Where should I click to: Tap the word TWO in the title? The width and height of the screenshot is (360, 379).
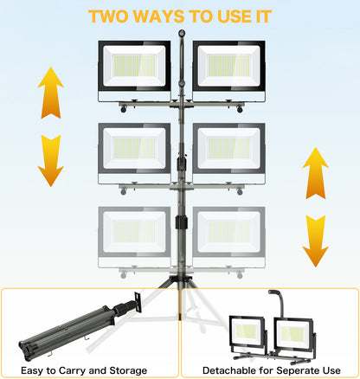108,16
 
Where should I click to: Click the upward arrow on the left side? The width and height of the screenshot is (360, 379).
50,93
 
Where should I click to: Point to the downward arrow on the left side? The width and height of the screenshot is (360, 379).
50,161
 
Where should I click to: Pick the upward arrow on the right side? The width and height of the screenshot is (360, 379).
316,173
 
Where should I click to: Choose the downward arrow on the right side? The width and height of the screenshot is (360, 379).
316,241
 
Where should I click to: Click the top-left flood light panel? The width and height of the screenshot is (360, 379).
134,71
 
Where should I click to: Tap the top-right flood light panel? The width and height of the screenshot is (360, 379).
229,71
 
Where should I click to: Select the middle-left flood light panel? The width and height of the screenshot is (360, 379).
134,154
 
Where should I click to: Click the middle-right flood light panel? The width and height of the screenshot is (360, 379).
229,154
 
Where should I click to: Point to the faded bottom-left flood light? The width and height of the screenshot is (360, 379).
134,237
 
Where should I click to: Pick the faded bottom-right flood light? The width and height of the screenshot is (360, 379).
229,237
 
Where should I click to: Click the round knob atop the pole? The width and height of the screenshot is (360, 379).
182,33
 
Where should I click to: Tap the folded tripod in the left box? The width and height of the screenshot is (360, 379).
80,327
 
